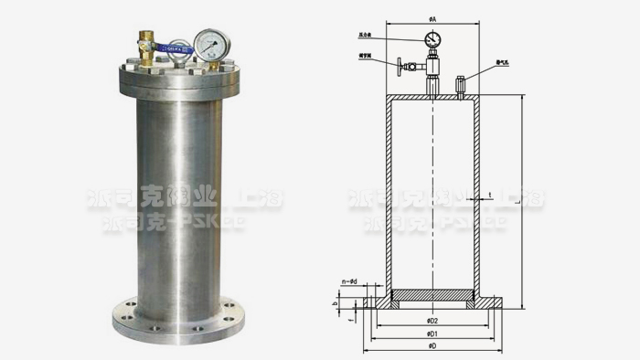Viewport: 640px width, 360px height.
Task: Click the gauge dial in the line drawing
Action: tap(432, 38)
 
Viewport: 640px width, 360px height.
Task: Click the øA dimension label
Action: tap(432, 18)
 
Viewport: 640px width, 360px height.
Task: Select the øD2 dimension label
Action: tap(432, 321)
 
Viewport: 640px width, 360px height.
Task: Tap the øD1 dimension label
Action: tap(432, 334)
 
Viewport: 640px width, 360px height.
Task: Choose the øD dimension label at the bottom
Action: tap(432, 348)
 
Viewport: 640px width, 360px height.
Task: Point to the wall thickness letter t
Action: tap(490, 195)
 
